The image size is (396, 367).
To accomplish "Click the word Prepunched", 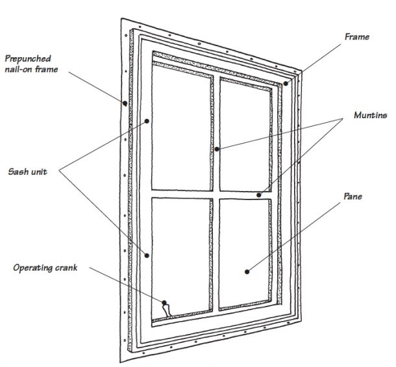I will (26, 57).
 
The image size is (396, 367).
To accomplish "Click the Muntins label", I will (370, 116).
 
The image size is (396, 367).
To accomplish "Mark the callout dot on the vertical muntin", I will (216, 149).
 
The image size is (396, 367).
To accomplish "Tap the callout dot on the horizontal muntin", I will (258, 194).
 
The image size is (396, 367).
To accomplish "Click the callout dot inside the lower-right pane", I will (246, 270).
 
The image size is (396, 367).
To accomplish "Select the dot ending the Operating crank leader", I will (165, 303).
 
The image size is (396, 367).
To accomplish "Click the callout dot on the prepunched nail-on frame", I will (123, 102).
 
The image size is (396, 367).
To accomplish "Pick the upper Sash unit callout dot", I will (148, 121).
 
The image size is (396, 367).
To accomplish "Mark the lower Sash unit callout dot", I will (148, 255).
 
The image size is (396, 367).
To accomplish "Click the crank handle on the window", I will (167, 310).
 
